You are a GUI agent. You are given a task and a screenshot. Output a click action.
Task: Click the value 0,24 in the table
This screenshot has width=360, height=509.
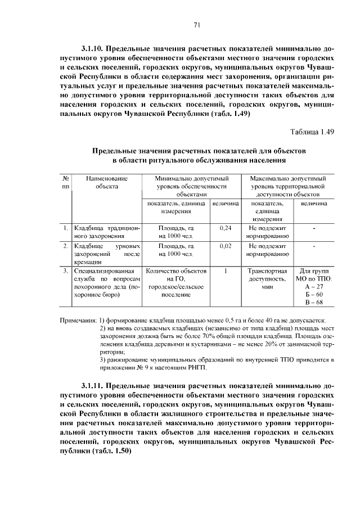[225, 229]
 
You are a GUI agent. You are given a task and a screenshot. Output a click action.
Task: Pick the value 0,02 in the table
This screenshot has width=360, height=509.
[225, 246]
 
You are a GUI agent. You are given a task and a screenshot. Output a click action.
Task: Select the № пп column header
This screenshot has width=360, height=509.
[66, 182]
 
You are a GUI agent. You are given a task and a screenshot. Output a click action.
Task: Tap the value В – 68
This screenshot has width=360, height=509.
[314, 303]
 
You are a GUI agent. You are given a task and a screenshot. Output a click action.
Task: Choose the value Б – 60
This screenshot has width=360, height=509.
[314, 295]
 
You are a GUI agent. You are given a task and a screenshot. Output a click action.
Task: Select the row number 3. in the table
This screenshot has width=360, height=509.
[66, 271]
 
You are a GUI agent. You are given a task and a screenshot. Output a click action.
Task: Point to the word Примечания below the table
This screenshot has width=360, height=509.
[78, 321]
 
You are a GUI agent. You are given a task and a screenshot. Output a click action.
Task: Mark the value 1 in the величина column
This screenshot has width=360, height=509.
[225, 271]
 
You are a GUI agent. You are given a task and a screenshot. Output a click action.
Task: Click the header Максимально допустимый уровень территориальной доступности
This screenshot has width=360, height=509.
[289, 186]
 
